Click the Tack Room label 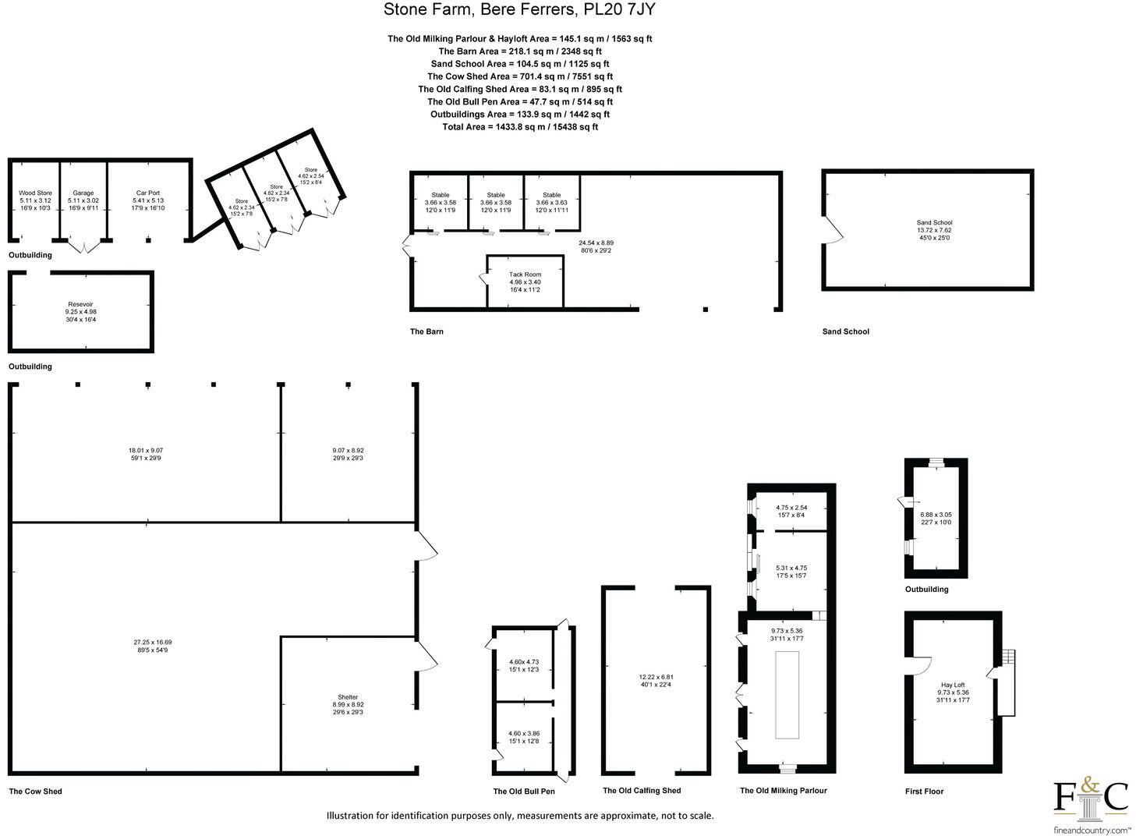coord(525,275)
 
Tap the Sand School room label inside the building coord(934,223)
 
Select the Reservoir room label coord(80,304)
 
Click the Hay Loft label coord(953,685)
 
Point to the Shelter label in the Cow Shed coord(348,697)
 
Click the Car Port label coord(148,193)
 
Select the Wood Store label coord(35,193)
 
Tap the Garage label coord(83,193)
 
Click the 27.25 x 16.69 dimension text coord(152,643)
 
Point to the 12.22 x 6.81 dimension coord(656,677)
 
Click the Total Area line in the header coord(520,126)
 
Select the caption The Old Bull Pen coord(524,792)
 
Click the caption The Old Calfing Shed coord(642,791)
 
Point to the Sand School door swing coord(833,230)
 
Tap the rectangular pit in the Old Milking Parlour coord(787,695)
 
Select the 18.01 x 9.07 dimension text coord(145,450)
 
